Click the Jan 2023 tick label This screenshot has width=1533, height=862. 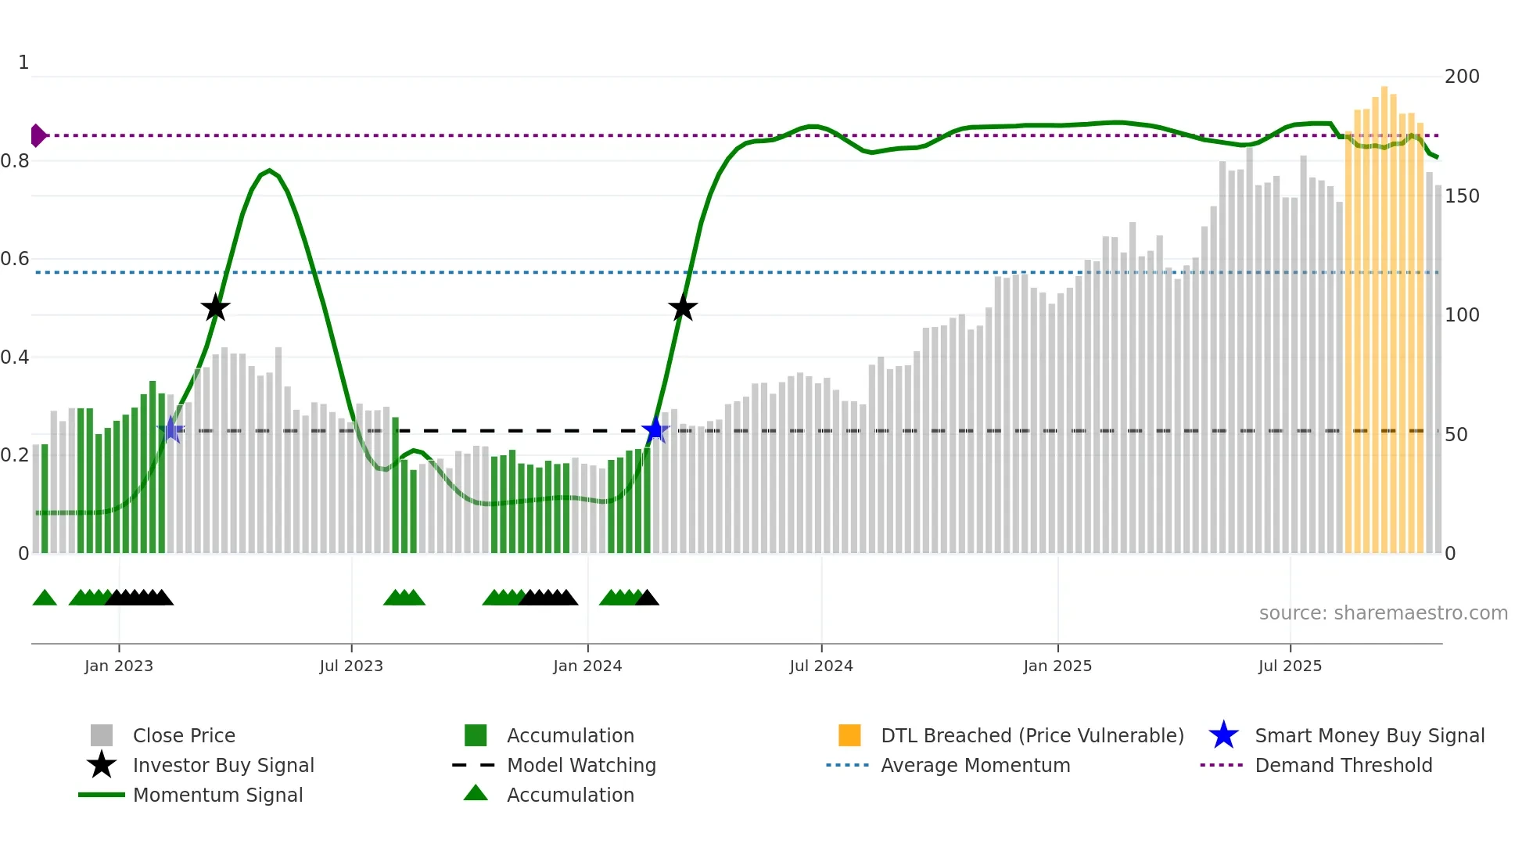[x=119, y=666]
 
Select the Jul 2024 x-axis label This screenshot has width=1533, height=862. [x=821, y=666]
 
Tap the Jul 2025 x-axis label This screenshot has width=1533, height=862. [x=1290, y=666]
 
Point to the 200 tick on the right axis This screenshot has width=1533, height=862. [x=1462, y=77]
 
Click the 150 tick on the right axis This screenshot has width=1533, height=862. [x=1462, y=196]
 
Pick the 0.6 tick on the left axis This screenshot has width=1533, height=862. [x=15, y=259]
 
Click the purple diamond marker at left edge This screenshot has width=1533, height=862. [x=38, y=135]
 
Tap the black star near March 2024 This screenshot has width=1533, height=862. [x=683, y=307]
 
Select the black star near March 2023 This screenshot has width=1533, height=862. [x=215, y=307]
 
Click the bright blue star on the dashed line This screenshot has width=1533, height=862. [x=655, y=430]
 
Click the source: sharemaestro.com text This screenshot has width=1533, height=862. [x=1383, y=613]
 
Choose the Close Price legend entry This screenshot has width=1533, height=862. [x=184, y=736]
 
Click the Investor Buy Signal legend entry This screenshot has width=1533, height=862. [x=223, y=766]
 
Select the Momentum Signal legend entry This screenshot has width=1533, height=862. [x=217, y=796]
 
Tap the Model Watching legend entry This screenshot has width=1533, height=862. [x=581, y=766]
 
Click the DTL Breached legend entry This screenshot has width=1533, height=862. [x=1032, y=736]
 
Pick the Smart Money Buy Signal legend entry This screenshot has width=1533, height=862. [x=1370, y=736]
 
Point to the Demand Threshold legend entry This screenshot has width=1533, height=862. [x=1343, y=766]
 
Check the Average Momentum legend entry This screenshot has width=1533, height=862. [x=975, y=766]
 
